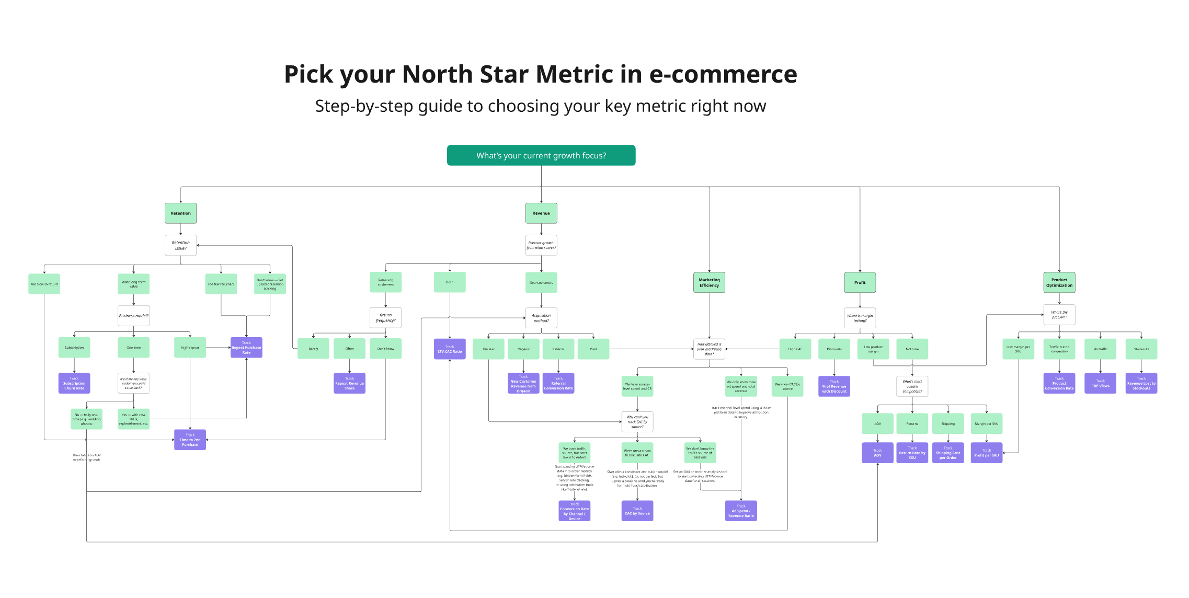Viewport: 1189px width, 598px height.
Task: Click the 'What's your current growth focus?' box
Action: pos(541,155)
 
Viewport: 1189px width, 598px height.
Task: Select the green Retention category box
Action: pos(180,213)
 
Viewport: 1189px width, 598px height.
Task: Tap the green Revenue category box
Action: pos(541,213)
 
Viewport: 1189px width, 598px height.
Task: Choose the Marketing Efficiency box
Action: pos(709,282)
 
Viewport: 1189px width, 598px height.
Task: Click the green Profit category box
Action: pos(860,282)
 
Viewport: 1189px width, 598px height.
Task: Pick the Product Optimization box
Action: pos(1059,282)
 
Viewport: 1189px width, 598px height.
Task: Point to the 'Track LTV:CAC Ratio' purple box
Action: pos(450,349)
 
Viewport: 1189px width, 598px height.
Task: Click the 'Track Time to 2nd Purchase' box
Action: pos(190,440)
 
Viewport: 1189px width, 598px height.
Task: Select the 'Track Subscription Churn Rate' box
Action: pos(74,383)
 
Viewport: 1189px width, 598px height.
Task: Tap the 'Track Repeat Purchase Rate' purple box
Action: pos(246,348)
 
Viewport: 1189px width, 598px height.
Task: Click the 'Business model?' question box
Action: pos(133,316)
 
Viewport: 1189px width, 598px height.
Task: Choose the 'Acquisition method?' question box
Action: pos(541,318)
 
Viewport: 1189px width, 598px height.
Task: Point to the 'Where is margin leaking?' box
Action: pos(860,318)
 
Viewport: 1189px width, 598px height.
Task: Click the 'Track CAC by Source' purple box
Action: pos(637,511)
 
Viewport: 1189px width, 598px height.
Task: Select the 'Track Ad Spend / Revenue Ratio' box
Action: pos(741,511)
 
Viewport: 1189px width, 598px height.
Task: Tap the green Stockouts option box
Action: pos(1141,349)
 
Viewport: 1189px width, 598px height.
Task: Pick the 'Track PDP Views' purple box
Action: pos(1100,383)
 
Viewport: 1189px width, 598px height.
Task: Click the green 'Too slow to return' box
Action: pos(44,284)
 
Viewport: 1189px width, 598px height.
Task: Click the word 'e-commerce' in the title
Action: pos(723,74)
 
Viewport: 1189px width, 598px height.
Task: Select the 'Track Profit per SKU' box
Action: pos(986,453)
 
